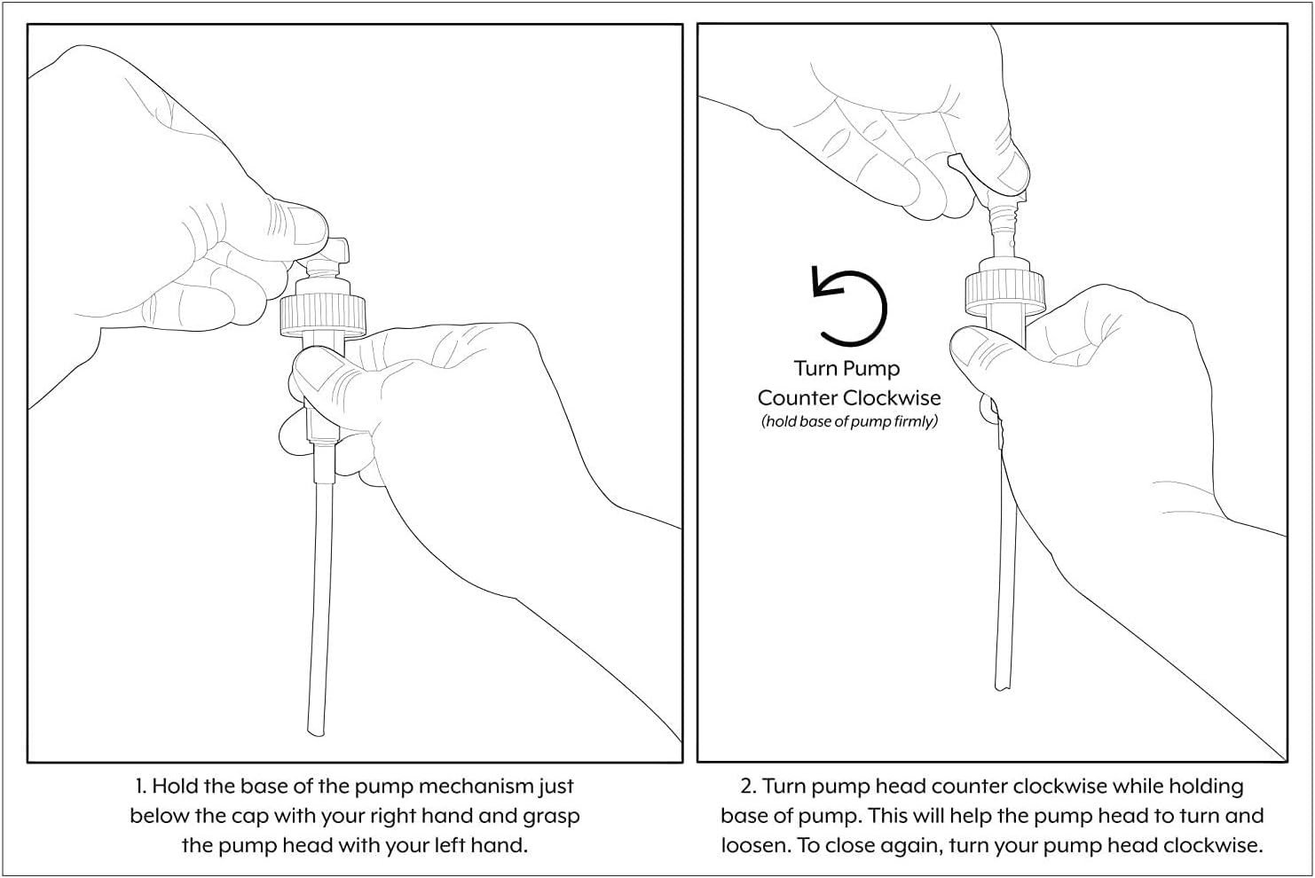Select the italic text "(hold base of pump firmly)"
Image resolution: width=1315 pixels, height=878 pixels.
coord(849,421)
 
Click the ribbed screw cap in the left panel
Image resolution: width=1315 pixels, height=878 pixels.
coord(323,315)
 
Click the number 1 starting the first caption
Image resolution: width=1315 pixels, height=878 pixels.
coord(139,787)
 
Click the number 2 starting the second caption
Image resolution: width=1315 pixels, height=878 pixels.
coord(747,787)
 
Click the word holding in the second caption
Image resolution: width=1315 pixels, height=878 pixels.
coord(1206,787)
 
